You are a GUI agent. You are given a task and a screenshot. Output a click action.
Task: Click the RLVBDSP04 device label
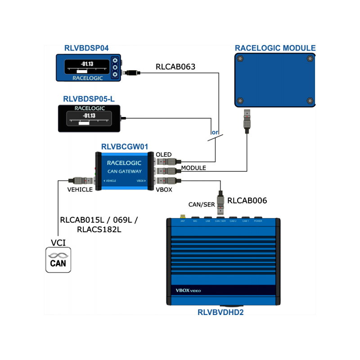(86, 48)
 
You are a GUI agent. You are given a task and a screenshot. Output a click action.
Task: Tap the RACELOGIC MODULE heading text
(275, 48)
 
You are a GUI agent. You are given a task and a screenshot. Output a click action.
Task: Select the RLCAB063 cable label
(175, 67)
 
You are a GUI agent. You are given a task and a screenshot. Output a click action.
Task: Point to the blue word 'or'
(215, 133)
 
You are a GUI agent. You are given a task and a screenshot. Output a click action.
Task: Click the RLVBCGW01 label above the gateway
(125, 146)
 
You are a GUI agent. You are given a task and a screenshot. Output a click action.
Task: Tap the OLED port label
(163, 155)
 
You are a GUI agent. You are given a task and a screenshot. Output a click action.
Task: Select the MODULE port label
(193, 168)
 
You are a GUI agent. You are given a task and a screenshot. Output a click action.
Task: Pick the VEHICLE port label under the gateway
(80, 189)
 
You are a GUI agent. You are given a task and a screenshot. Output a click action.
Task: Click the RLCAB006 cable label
(247, 201)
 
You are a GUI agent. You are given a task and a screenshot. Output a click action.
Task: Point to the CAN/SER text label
(201, 205)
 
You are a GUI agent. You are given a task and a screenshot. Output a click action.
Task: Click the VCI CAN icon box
(58, 260)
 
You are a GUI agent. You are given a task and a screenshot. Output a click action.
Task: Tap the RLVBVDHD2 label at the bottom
(220, 312)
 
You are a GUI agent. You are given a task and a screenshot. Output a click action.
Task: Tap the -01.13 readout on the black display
(84, 116)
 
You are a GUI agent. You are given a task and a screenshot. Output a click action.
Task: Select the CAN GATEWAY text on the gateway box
(124, 171)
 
